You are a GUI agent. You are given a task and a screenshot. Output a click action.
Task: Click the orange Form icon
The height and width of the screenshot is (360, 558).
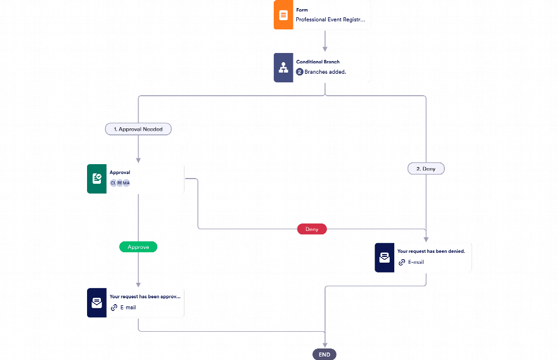283,15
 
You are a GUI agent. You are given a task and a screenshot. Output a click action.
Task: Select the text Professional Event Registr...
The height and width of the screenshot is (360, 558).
330,20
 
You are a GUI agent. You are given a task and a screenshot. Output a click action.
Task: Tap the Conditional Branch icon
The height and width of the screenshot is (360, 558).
283,68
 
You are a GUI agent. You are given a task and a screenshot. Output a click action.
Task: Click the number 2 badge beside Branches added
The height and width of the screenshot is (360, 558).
300,72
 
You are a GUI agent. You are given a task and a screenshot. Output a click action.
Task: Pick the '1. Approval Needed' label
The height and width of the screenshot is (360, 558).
138,130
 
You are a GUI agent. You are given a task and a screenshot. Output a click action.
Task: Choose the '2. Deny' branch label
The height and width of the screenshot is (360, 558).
426,169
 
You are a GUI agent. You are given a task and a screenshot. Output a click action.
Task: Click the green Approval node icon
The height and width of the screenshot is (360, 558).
97,179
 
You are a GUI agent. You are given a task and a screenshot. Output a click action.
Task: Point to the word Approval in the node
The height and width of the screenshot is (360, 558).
120,172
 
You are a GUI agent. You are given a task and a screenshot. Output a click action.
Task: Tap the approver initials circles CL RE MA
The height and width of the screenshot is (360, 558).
120,183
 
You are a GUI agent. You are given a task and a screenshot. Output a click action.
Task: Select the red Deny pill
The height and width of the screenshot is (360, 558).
312,229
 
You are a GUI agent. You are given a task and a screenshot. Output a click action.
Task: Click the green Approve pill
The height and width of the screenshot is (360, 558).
138,247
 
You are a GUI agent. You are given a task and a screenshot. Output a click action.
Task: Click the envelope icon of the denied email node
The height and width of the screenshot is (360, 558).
384,257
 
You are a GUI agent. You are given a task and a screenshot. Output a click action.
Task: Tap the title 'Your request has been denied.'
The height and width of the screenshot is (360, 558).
431,252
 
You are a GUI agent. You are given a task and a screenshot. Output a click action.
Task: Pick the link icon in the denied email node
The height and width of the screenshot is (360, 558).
402,262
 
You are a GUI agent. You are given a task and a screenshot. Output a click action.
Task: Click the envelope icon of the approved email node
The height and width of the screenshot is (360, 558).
97,303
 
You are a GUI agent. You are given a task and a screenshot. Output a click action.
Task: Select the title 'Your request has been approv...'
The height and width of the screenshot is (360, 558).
145,297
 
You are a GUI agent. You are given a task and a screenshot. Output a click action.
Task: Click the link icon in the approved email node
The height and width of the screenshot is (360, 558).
114,308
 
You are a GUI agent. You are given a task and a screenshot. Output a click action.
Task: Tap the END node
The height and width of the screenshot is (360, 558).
325,354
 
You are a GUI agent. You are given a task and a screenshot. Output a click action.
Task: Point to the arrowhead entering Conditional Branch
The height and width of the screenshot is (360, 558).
325,50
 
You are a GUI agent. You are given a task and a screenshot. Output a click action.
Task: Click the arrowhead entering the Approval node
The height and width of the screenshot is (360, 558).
138,161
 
